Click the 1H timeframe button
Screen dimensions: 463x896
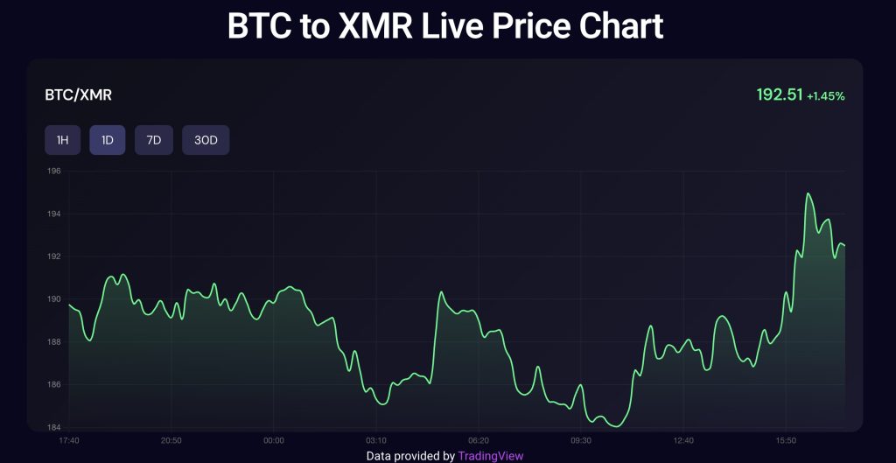pos(63,140)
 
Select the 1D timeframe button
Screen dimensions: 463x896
pos(108,140)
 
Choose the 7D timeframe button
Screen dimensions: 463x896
pos(154,140)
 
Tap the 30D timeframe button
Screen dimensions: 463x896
pos(206,140)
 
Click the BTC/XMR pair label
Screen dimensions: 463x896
pos(78,95)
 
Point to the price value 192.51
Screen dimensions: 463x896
pos(779,95)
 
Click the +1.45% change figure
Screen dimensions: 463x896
pos(826,96)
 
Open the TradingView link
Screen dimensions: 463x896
pos(491,456)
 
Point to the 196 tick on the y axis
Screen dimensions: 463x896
pos(54,172)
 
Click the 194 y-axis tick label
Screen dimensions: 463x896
pos(54,214)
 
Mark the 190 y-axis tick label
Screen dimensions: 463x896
pos(54,299)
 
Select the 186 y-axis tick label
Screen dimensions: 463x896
pos(54,385)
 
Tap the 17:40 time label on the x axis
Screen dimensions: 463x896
pos(69,440)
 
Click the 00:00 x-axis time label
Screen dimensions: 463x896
pos(274,440)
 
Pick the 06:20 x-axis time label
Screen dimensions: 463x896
pos(479,440)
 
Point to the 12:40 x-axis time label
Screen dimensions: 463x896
pos(684,440)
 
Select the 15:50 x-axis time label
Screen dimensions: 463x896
pos(787,440)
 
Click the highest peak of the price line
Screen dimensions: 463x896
pos(808,194)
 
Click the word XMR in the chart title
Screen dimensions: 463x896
pos(368,26)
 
